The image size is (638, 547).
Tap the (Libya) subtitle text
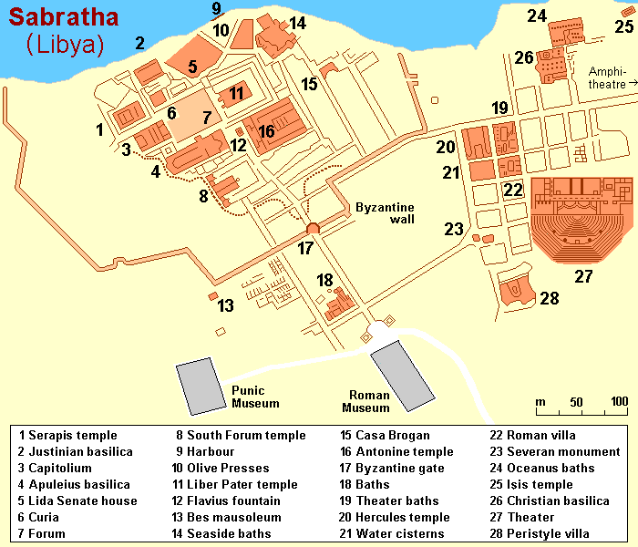point(66,45)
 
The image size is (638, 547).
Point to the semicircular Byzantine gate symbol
point(313,229)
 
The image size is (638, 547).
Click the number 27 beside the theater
point(583,277)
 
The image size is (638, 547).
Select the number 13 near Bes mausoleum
point(226,305)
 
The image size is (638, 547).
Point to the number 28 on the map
point(549,298)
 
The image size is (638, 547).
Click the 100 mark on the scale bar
point(619,402)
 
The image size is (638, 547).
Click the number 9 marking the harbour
point(217,9)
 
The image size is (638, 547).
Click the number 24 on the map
point(537,15)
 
